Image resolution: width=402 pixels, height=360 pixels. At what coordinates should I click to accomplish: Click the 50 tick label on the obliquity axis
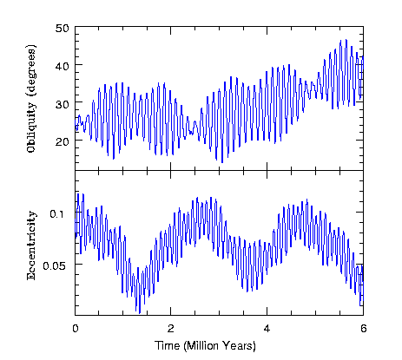coord(62,29)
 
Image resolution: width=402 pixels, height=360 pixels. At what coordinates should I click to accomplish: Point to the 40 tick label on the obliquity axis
coord(62,65)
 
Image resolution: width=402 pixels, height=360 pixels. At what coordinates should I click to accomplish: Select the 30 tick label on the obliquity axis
coord(62,103)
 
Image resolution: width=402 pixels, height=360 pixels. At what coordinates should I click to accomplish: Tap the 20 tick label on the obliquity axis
coord(62,141)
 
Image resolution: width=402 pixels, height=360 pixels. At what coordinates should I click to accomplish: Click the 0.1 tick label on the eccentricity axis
coord(59,213)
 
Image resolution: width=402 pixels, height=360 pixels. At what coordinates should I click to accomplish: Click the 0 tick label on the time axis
coord(76,329)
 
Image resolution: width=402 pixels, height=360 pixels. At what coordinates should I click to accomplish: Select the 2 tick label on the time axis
coord(171,329)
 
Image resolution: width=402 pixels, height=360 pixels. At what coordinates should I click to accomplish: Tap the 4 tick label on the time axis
coord(267,329)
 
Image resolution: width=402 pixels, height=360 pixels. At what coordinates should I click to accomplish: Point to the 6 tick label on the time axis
coord(363,329)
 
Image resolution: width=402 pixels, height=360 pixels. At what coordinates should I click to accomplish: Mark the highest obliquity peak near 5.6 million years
coord(344,40)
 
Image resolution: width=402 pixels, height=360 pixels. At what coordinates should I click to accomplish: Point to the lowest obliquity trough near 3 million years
coord(221,162)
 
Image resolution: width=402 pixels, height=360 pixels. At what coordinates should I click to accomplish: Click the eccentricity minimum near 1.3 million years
coord(138,311)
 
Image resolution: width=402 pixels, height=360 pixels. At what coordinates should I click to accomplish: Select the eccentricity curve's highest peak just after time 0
coord(82,193)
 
